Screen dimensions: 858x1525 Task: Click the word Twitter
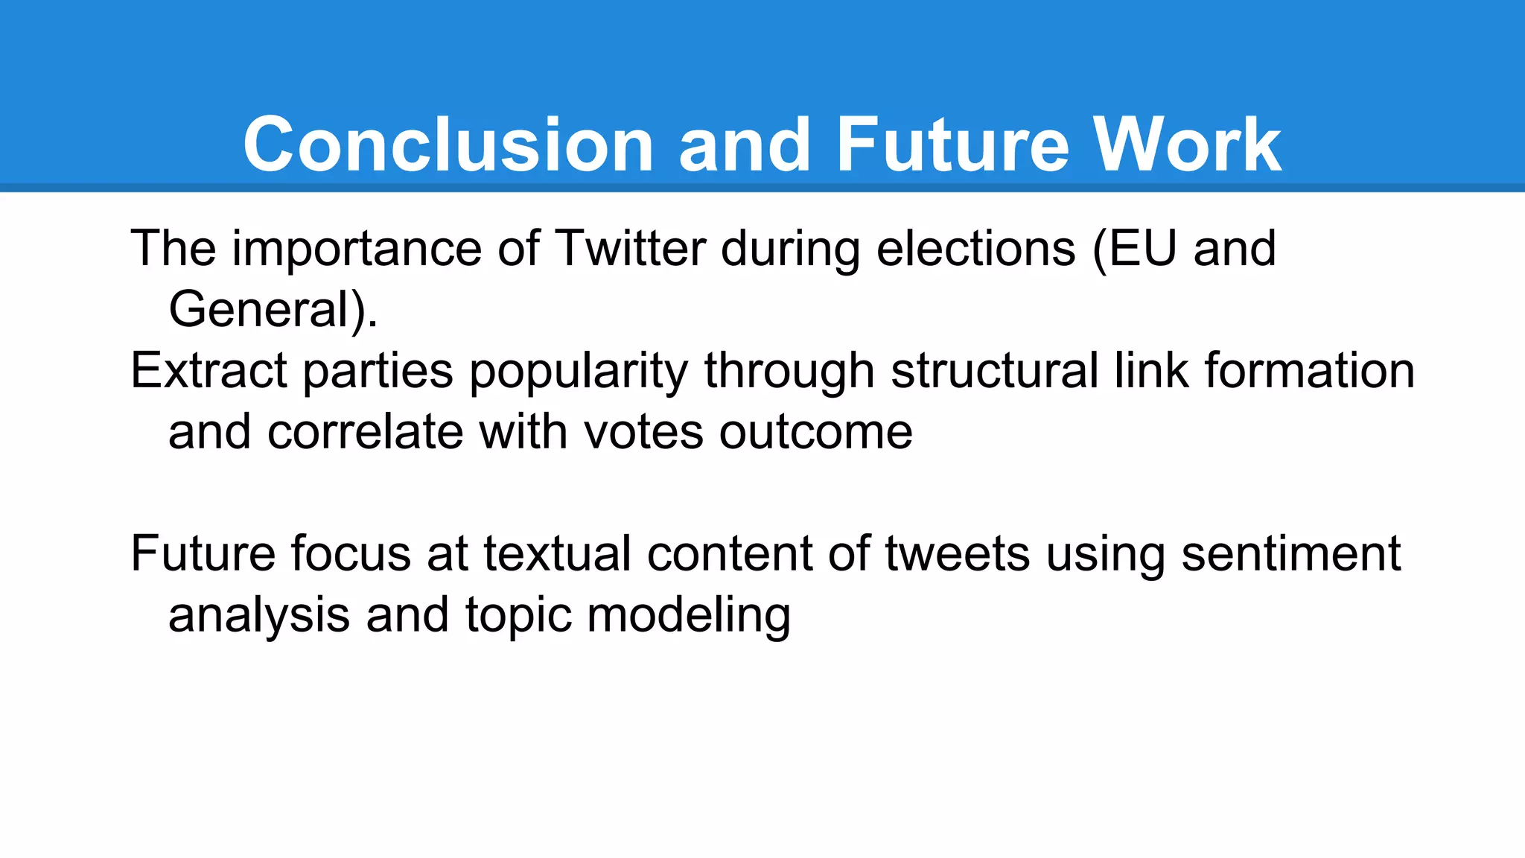630,248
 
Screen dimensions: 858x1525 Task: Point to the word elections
975,248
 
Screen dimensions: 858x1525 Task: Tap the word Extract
208,370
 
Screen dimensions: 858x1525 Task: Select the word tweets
957,553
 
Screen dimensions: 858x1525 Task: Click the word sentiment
1290,553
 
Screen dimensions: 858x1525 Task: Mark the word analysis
258,616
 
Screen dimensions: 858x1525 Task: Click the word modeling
689,616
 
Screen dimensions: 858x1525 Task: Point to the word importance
356,250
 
